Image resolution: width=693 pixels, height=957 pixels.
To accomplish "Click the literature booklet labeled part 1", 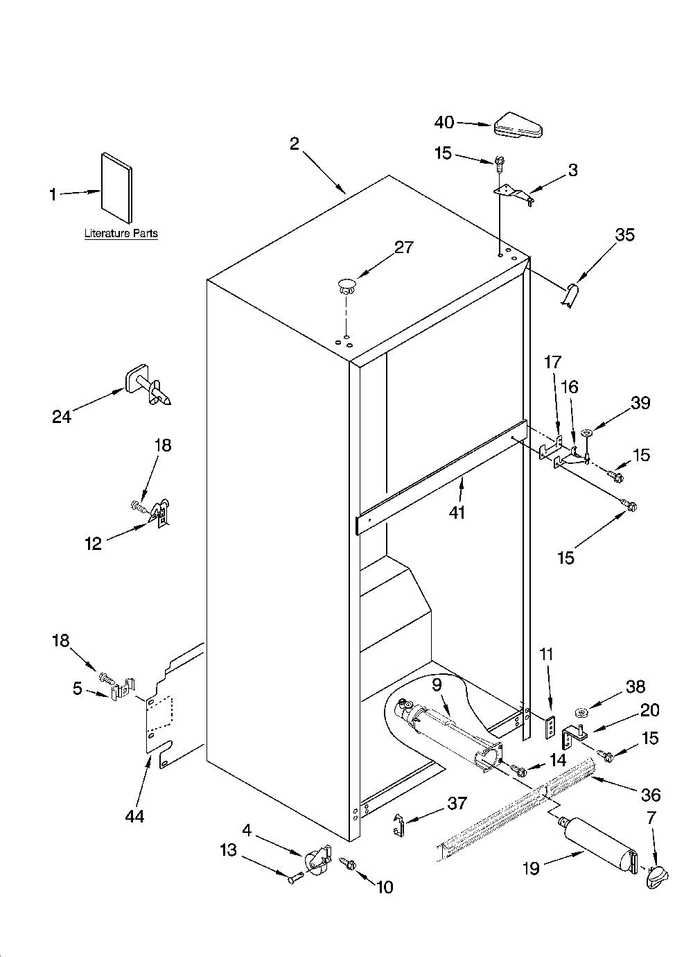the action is [116, 187].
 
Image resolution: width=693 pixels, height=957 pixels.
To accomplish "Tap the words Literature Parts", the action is [121, 233].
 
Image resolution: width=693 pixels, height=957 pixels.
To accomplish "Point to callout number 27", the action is [403, 248].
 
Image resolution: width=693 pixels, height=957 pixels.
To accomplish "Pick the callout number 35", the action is [624, 234].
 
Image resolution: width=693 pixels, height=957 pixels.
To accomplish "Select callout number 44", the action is [134, 816].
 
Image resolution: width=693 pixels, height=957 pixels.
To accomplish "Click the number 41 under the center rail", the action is [457, 512].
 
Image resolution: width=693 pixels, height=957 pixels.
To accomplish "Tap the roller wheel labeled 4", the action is [317, 863].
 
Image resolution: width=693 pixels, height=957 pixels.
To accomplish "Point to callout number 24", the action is [62, 416].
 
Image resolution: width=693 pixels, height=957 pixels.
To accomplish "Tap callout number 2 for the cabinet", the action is [295, 144].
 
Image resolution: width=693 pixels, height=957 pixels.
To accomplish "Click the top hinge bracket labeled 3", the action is [514, 193].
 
